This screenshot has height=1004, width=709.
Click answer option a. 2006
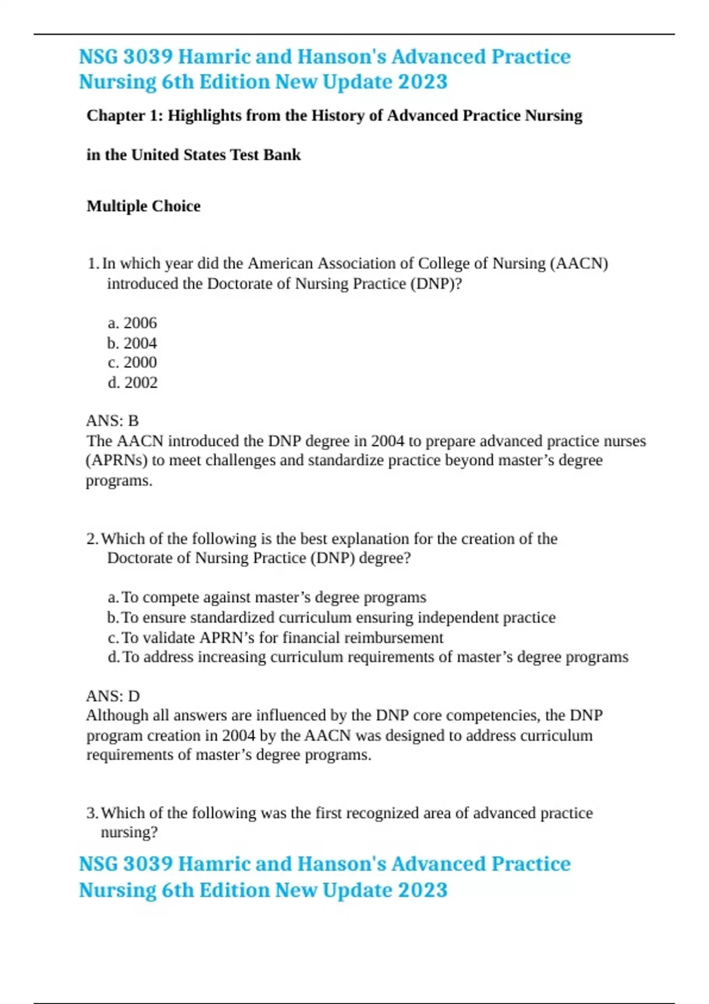132,323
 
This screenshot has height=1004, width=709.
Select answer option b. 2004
132,343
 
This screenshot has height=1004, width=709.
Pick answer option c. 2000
132,363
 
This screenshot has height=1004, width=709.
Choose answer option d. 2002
132,383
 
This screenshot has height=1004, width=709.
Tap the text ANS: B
112,421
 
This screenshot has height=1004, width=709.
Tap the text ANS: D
113,696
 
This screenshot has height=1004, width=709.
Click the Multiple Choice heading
144,206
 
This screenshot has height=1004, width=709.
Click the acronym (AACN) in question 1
578,263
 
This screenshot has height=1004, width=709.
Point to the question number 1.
92,263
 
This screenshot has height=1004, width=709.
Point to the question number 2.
92,539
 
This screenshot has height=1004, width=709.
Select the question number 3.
92,813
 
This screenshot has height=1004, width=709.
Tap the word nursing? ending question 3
129,833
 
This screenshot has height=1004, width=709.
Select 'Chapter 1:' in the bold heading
125,116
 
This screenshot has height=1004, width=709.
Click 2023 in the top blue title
422,82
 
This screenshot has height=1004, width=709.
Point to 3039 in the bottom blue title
148,864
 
